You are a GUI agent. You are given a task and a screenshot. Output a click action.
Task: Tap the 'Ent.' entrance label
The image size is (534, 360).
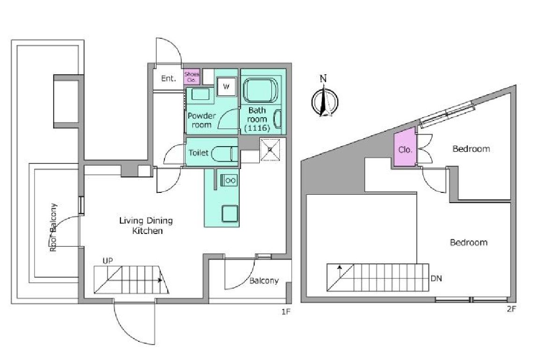click(x=169, y=78)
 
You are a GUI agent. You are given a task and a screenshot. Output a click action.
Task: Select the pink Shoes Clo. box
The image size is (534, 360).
click(x=192, y=77)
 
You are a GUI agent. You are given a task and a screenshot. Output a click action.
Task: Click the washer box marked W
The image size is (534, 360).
click(x=226, y=86)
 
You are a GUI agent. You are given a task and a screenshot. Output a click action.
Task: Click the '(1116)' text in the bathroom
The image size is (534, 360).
click(x=257, y=128)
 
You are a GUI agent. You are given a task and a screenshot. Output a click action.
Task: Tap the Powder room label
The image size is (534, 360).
click(x=202, y=120)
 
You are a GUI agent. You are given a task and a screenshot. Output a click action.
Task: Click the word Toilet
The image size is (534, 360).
click(x=198, y=153)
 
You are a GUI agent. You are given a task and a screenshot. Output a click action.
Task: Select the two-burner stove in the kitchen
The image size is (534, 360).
click(x=228, y=180)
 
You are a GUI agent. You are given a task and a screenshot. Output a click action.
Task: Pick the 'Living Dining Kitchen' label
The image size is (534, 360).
click(x=146, y=225)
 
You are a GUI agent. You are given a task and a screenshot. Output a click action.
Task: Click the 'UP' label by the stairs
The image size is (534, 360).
click(x=107, y=261)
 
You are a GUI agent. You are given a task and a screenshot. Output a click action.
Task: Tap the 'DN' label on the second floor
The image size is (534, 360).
click(x=436, y=278)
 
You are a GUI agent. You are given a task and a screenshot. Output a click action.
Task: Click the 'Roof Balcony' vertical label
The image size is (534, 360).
click(x=53, y=227)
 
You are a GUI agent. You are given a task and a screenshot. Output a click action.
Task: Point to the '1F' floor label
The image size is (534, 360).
click(x=286, y=311)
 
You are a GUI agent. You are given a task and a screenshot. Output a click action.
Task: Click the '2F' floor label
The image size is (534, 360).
click(x=512, y=309)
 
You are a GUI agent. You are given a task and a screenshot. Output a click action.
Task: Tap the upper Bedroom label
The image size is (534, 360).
click(x=471, y=148)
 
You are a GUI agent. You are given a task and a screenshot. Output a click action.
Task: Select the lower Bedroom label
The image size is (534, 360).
click(x=469, y=242)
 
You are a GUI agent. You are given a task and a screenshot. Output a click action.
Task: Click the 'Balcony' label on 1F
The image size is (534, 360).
click(x=264, y=281)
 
